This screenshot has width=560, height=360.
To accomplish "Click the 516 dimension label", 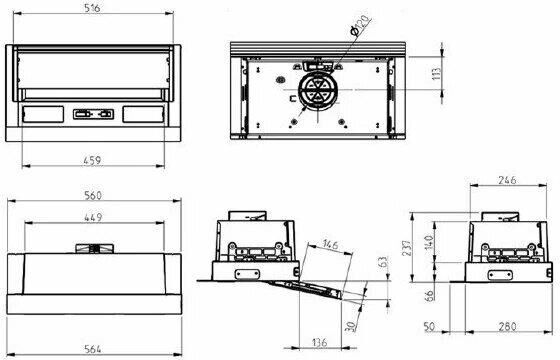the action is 92,8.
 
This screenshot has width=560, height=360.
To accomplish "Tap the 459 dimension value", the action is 92,160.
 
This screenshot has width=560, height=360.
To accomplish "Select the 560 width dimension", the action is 93,195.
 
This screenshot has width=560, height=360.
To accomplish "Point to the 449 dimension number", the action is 93,217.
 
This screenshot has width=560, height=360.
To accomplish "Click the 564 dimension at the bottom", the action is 93,349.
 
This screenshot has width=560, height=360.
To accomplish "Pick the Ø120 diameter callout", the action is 361,26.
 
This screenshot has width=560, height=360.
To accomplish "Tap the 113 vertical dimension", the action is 436,74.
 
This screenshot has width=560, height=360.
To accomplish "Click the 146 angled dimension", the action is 330,245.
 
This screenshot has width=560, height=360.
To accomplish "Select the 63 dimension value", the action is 382,263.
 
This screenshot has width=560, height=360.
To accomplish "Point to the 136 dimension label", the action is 319,342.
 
